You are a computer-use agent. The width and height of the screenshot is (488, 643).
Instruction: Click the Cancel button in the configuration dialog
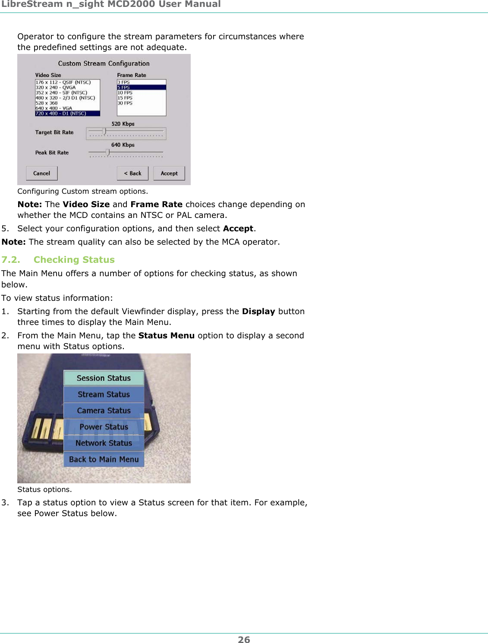(x=42, y=173)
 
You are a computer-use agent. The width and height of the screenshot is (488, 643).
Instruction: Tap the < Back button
(x=132, y=173)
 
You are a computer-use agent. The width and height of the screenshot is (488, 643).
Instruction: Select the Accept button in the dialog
(x=169, y=173)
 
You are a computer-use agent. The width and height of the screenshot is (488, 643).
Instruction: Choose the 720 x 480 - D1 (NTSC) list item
(x=67, y=113)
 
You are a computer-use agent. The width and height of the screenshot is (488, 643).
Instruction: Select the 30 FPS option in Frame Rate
(x=125, y=103)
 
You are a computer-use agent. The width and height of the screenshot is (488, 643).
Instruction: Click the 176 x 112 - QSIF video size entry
(x=63, y=82)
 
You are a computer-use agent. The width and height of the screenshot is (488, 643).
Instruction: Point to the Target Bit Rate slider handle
(x=104, y=131)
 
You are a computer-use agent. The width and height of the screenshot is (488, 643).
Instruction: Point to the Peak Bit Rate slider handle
(x=107, y=152)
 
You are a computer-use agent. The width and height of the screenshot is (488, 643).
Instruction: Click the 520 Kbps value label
(x=123, y=124)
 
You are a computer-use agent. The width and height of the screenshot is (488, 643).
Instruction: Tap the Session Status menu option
(x=104, y=378)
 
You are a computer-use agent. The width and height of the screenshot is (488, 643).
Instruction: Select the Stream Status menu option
(x=104, y=394)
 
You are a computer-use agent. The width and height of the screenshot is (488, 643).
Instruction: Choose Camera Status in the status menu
(x=104, y=411)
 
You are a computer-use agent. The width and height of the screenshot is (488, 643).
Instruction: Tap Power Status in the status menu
(x=104, y=427)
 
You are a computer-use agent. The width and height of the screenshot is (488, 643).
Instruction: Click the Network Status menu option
(x=104, y=443)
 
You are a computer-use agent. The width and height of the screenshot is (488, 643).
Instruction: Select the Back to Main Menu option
(x=104, y=460)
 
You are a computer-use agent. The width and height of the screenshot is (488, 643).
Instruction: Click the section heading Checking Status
(x=74, y=260)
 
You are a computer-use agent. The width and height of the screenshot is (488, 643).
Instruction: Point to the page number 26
(x=244, y=640)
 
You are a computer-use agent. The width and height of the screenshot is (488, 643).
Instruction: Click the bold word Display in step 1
(x=258, y=312)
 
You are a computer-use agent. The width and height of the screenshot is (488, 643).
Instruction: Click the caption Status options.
(x=44, y=489)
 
